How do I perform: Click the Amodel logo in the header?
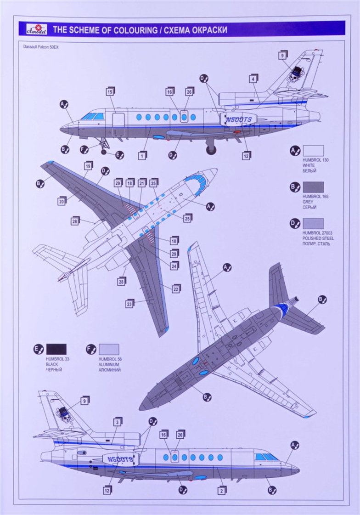(x=33, y=28)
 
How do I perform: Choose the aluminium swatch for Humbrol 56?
(x=108, y=349)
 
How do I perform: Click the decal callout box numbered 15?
(x=110, y=91)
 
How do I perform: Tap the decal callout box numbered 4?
(x=253, y=79)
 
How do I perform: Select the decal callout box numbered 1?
(x=142, y=155)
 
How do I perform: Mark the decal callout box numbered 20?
(x=62, y=200)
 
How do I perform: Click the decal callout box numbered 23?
(x=129, y=303)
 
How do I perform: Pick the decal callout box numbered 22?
(x=175, y=289)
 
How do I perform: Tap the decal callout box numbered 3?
(x=118, y=422)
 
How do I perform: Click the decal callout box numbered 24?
(x=174, y=266)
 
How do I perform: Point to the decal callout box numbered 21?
(x=141, y=182)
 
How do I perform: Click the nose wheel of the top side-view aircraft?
(x=103, y=151)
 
